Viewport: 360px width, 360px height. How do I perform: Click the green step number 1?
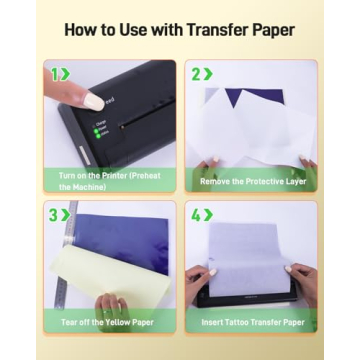click(54, 74)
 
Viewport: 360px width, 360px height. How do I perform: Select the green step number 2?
click(196, 74)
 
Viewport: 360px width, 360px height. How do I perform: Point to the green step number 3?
click(54, 215)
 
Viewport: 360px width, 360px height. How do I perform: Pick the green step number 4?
click(196, 215)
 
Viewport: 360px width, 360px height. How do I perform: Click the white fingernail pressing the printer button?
click(94, 101)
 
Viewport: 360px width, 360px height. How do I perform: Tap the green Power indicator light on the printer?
click(96, 131)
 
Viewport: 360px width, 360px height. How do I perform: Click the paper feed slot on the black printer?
click(147, 113)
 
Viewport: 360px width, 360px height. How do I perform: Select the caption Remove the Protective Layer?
click(253, 182)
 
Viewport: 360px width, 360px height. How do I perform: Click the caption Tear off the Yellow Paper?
click(107, 322)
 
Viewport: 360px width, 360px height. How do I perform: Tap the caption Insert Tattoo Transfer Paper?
click(253, 322)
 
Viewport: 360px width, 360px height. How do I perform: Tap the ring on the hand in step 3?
click(108, 312)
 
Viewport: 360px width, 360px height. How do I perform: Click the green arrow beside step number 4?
click(208, 215)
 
